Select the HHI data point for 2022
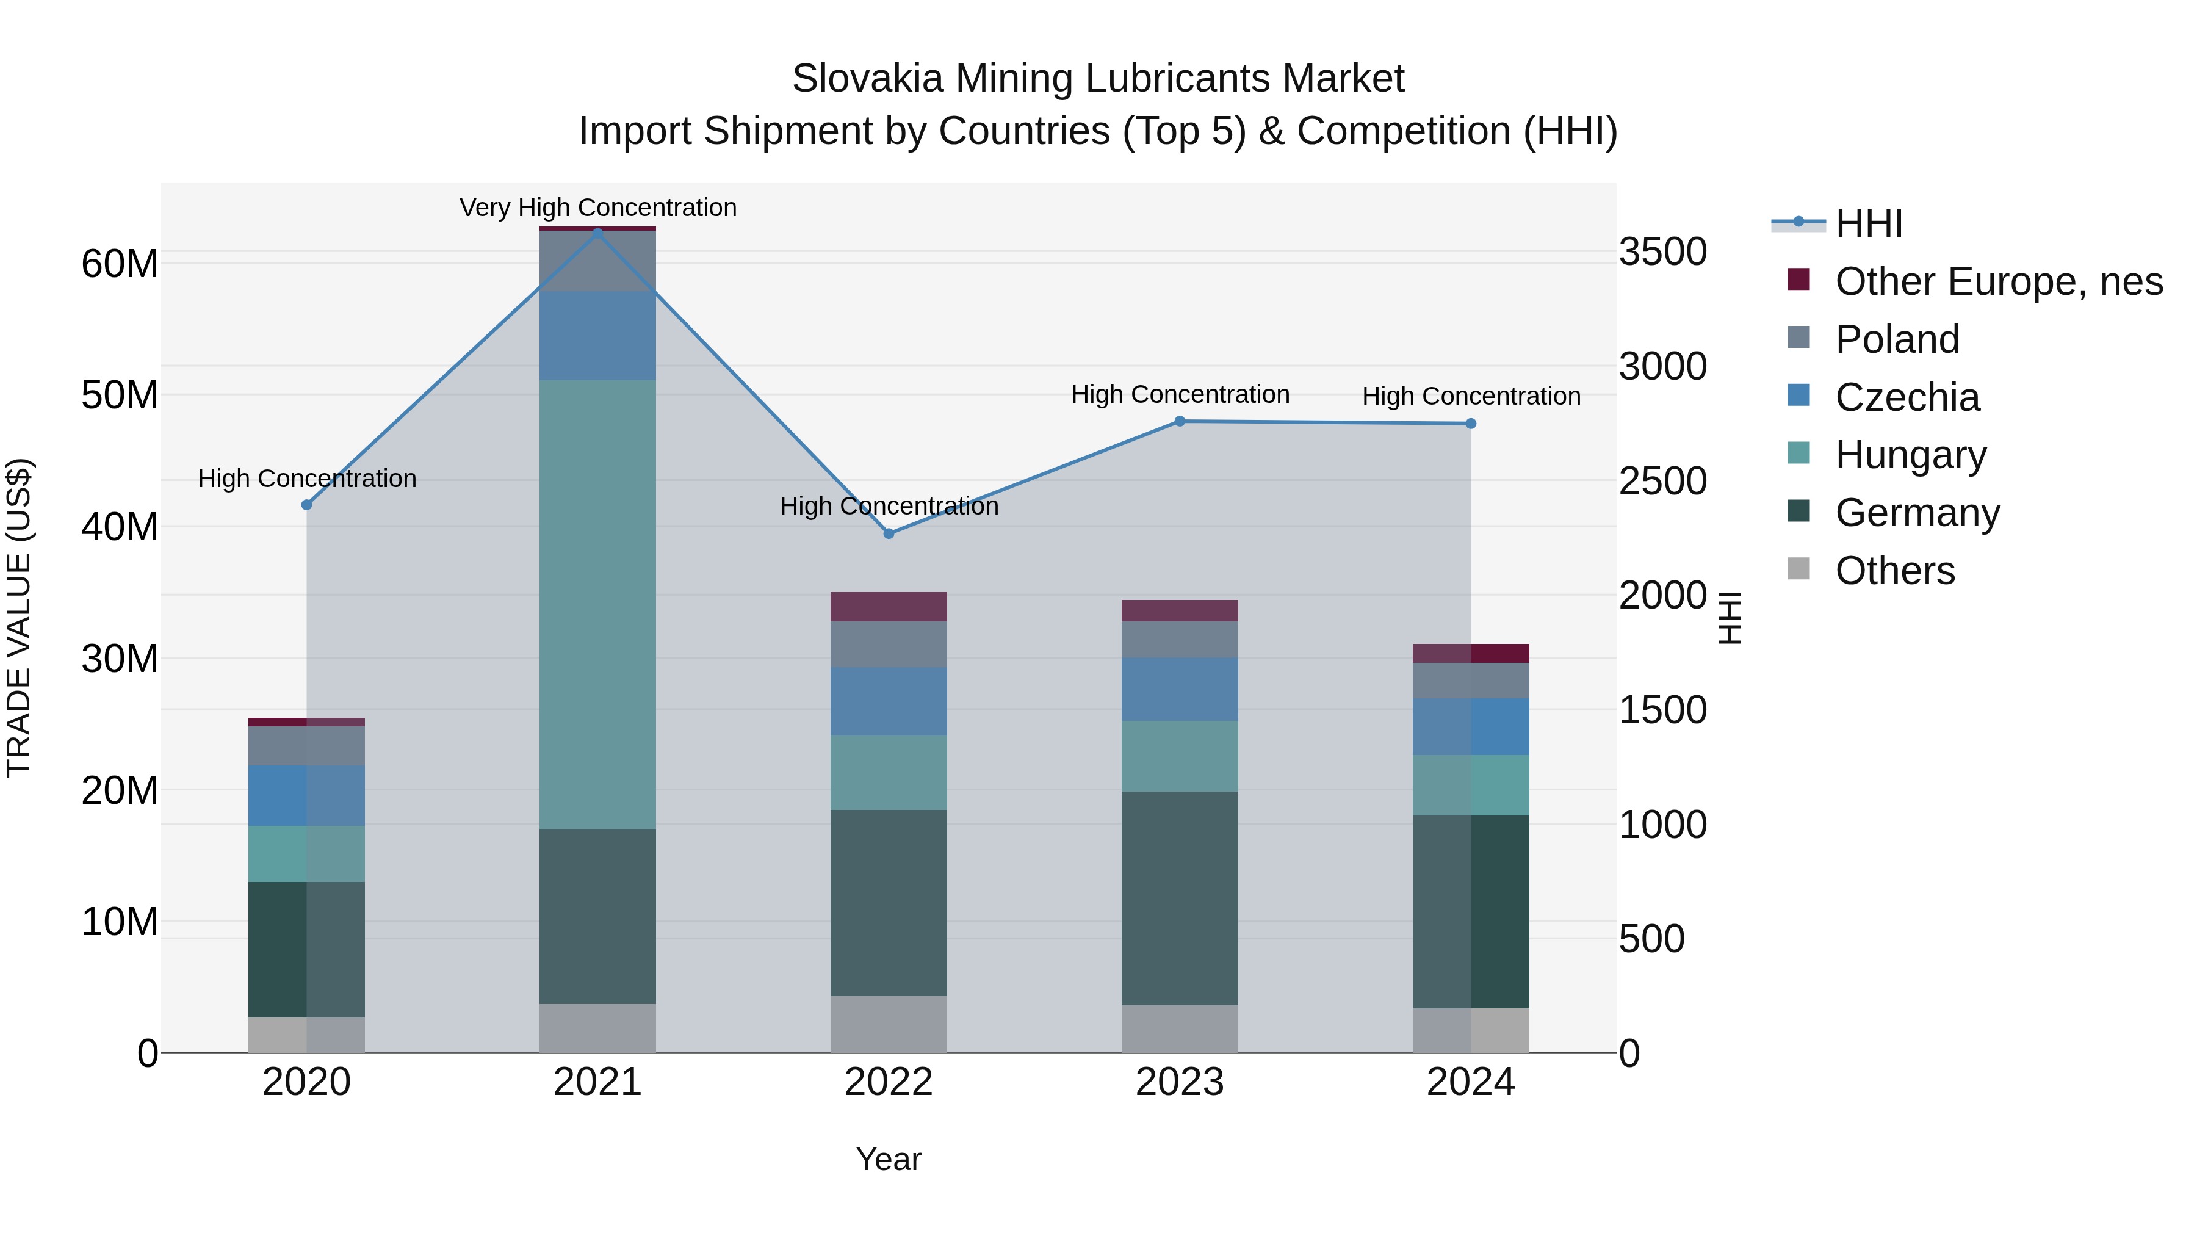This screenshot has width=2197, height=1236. click(x=889, y=533)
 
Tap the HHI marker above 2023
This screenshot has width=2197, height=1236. click(x=1180, y=421)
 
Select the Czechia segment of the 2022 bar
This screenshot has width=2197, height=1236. click(x=889, y=701)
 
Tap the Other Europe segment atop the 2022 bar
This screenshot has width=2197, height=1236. click(x=889, y=607)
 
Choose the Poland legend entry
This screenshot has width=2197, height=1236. click(x=1897, y=339)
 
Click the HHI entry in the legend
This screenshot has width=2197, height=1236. click(x=1868, y=223)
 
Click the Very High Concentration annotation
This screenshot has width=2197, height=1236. click(x=598, y=208)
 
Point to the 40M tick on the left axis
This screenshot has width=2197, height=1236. click(x=120, y=526)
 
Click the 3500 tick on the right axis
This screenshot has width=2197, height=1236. click(x=1662, y=253)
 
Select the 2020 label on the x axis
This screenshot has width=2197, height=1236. click(x=306, y=1082)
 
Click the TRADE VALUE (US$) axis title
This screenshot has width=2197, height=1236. click(x=19, y=618)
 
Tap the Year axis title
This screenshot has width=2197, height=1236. click(x=889, y=1159)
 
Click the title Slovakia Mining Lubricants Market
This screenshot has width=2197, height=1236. click(x=1098, y=79)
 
